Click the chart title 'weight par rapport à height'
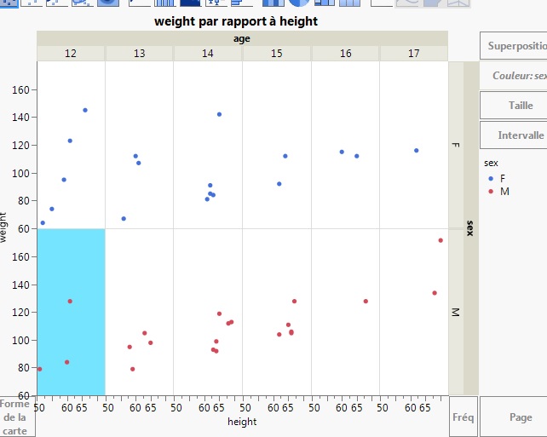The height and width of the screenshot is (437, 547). [x=236, y=21]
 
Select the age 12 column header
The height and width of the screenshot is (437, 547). [x=71, y=54]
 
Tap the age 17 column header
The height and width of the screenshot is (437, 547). [x=414, y=54]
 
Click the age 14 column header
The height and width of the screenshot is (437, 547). [x=208, y=54]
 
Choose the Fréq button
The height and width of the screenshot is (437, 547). [x=463, y=417]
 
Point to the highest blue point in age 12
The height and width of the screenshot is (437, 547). [x=85, y=110]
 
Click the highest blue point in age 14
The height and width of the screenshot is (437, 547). [x=219, y=114]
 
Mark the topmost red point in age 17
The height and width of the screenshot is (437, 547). [x=440, y=240]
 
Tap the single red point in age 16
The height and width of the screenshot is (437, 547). [x=366, y=302]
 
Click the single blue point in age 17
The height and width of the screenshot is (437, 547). [x=416, y=151]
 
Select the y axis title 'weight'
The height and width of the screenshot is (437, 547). [x=5, y=228]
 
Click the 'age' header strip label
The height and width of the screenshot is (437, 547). [x=242, y=38]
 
